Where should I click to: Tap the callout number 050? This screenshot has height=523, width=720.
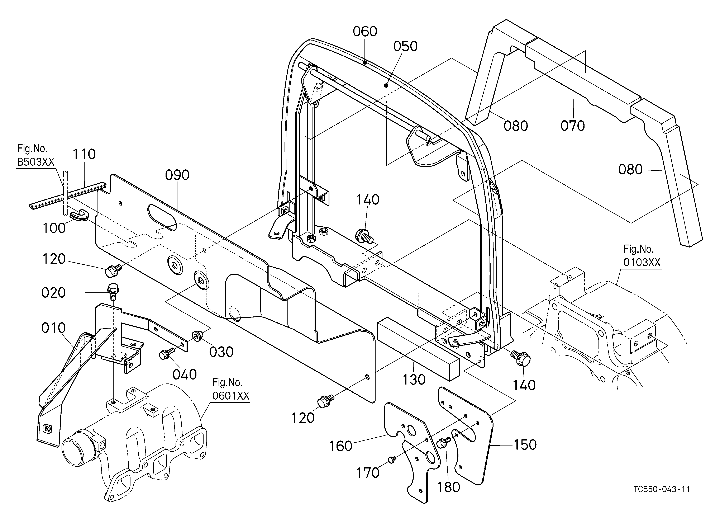tap(405, 46)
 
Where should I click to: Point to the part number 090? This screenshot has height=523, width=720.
tap(177, 175)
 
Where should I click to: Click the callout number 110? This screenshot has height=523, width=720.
tap(84, 154)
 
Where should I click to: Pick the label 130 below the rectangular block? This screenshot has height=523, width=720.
tap(414, 380)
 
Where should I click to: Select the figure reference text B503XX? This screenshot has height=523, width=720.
tap(35, 162)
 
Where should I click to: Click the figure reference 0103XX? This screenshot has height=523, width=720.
tap(642, 262)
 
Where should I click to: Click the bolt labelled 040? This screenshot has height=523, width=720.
tap(166, 354)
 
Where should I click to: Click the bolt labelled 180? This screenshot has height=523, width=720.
tap(443, 443)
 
